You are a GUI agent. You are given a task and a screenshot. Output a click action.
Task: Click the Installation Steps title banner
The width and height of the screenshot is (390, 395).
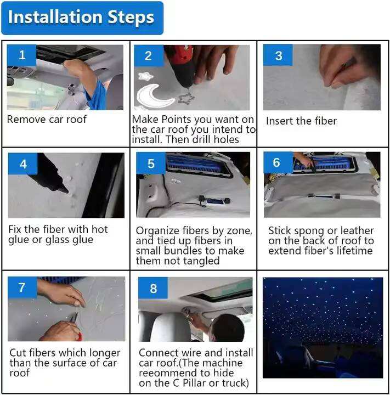coord(82,18)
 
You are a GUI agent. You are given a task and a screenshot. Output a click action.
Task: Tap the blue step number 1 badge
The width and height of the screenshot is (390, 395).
coord(21,55)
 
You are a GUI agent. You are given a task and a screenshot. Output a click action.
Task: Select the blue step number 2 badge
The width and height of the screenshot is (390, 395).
coord(149,55)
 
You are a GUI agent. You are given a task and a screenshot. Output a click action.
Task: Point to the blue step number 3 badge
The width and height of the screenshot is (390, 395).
coord(278,55)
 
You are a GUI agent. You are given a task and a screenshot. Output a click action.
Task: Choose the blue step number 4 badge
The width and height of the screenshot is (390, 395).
coord(22,163)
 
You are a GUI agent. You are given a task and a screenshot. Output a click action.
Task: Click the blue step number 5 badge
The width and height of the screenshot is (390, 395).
coord(151,163)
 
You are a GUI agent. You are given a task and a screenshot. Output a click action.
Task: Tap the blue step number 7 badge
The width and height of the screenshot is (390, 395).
coord(22,287)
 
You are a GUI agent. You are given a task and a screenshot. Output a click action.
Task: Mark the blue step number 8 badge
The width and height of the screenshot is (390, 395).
coord(153,288)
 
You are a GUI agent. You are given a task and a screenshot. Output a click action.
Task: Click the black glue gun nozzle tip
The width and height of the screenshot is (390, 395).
coord(67,191)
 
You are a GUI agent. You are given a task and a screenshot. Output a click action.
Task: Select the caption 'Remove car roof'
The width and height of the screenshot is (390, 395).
coord(47,119)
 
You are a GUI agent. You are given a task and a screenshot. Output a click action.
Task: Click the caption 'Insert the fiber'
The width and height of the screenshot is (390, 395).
coord(301,121)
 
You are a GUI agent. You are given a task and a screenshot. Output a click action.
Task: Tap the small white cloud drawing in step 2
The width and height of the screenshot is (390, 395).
coord(145,76)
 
